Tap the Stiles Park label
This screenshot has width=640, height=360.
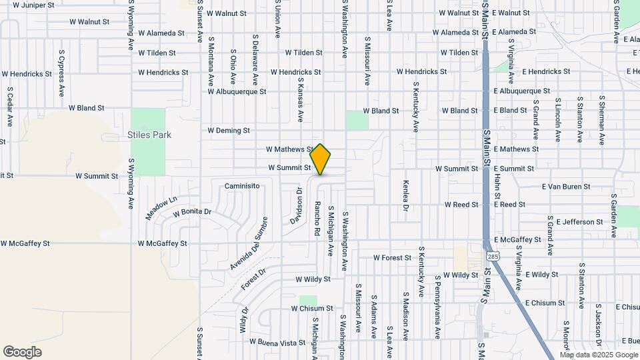(x=149, y=135)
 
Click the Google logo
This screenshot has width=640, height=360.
(x=22, y=352)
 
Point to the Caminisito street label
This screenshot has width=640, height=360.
(x=241, y=186)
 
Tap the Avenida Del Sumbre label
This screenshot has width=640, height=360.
(x=249, y=243)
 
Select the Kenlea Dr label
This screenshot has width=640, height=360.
(x=405, y=195)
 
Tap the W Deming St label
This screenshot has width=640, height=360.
(x=229, y=131)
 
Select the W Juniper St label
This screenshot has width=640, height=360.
(x=32, y=5)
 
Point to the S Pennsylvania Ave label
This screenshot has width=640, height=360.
(x=437, y=306)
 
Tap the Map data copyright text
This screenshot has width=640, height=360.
(x=598, y=355)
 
